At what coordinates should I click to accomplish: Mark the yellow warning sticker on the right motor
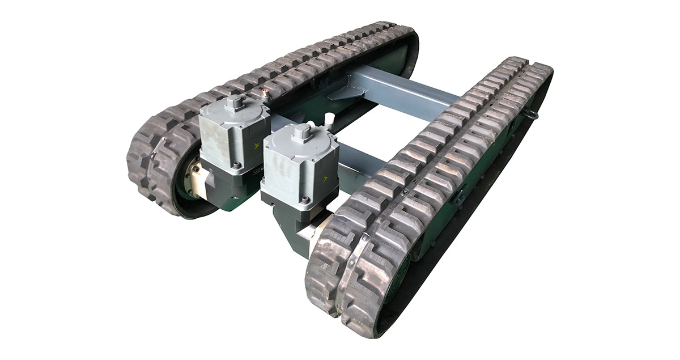click(325, 179)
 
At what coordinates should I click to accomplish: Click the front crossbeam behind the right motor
click(363, 159)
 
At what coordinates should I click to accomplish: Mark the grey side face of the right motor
click(283, 170)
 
